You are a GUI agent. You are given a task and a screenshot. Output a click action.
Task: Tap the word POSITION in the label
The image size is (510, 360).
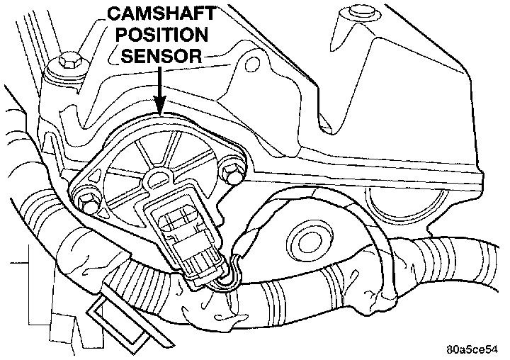click(x=161, y=35)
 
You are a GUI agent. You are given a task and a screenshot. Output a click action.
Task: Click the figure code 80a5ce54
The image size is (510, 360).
click(x=473, y=349)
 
